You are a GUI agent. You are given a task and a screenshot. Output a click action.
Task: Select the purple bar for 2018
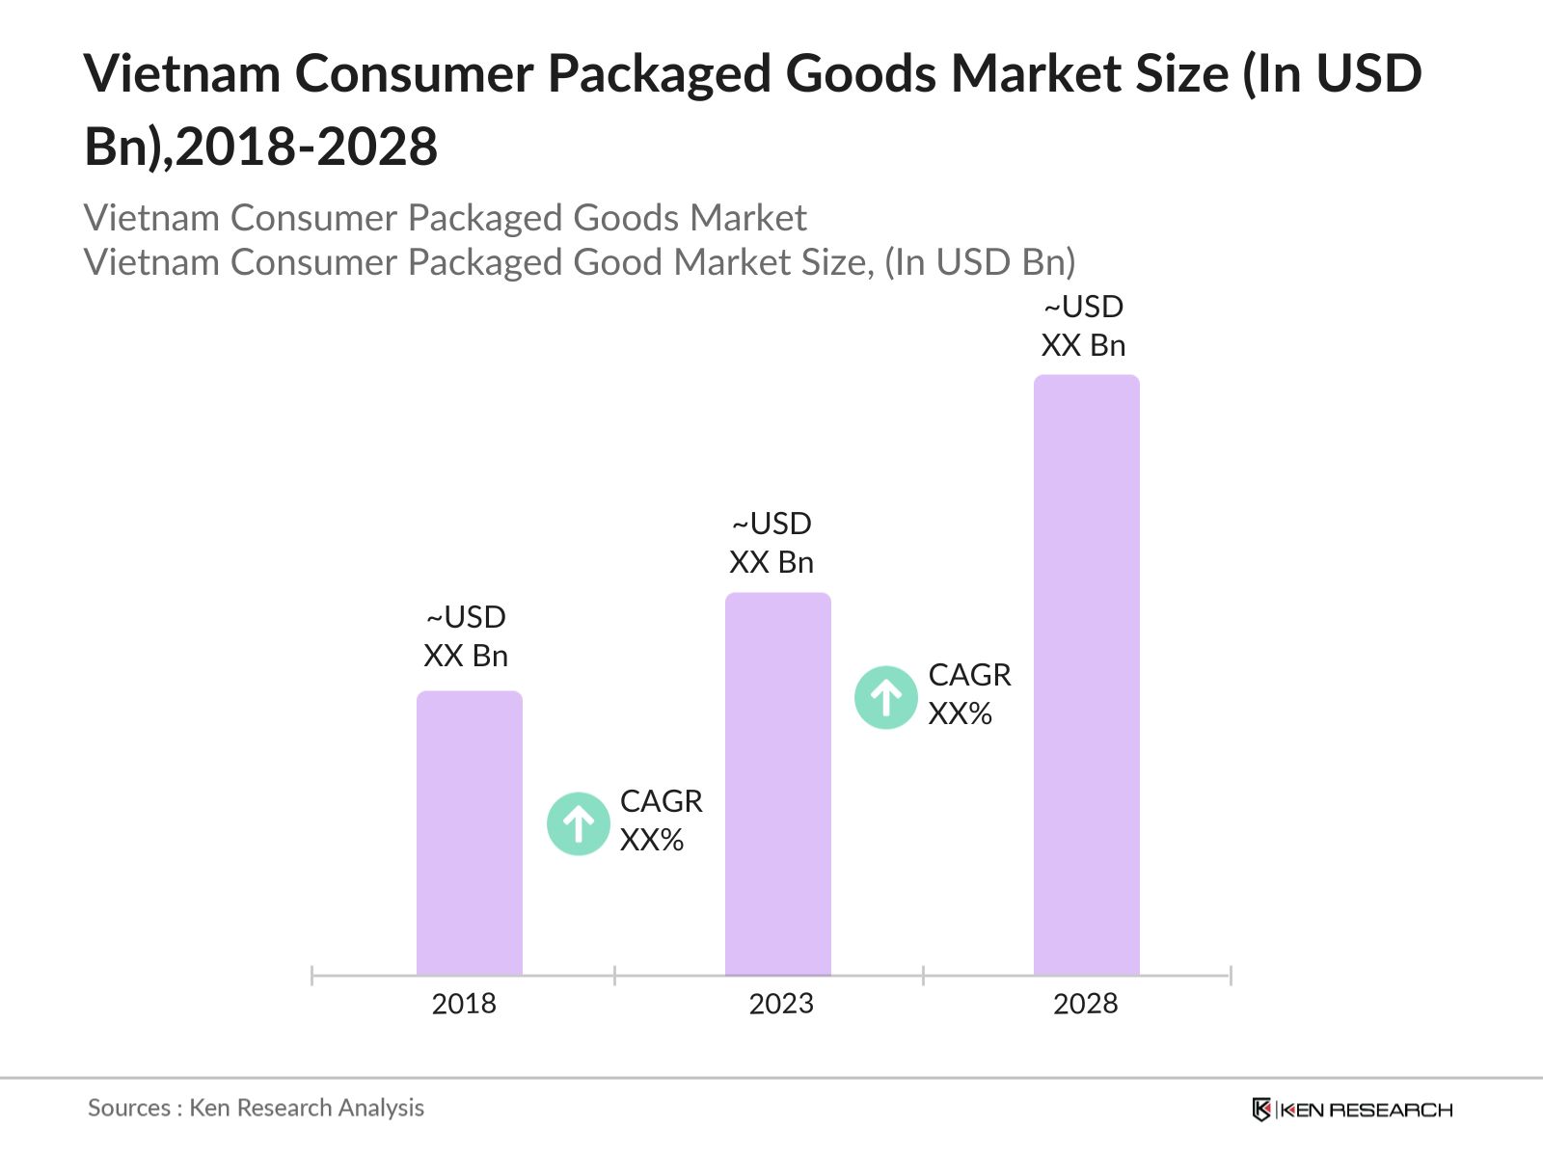(469, 834)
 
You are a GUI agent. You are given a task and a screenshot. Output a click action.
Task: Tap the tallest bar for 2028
(1086, 675)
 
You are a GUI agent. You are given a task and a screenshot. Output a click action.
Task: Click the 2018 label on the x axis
(464, 1004)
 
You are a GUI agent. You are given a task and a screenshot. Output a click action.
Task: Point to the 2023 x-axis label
(781, 1004)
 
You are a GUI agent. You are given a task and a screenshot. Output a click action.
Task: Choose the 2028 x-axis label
(1085, 1004)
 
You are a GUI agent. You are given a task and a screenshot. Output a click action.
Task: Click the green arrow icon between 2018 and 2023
(579, 823)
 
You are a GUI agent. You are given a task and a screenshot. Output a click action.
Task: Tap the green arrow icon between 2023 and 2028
(885, 697)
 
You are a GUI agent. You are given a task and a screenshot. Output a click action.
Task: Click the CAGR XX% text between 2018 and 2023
(661, 821)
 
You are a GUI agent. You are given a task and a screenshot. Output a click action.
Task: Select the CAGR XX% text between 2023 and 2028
(969, 694)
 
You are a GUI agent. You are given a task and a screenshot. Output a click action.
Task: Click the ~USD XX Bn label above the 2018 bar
(466, 636)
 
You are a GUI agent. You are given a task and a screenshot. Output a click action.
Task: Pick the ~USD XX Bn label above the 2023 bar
(771, 543)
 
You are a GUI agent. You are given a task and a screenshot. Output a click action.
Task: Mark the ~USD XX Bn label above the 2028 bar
(1083, 326)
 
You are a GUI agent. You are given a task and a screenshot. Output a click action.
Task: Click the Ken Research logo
(1352, 1110)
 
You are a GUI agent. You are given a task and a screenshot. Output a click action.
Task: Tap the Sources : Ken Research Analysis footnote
(256, 1108)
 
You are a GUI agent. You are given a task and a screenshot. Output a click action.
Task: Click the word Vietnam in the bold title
(182, 73)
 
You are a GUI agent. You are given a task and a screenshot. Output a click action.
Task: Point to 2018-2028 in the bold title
(307, 147)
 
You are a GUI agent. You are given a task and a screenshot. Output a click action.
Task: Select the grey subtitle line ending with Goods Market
(445, 218)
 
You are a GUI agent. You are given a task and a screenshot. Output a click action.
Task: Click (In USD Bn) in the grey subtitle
(980, 262)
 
